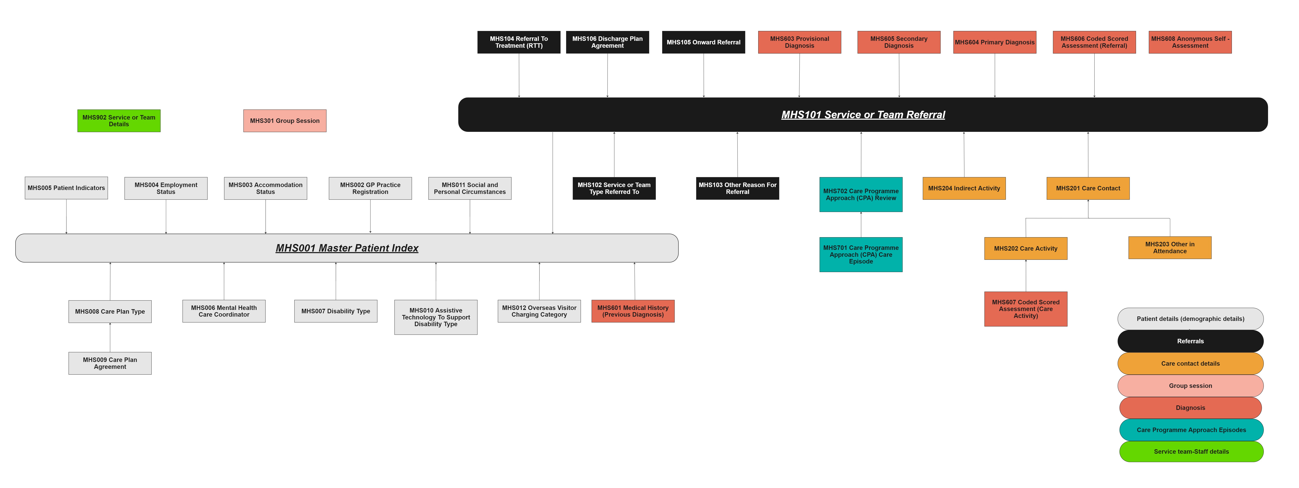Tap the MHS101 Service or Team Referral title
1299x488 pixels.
point(863,115)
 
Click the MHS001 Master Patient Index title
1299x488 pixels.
point(347,248)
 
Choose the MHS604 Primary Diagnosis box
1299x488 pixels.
point(994,42)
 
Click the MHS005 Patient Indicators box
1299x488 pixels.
point(66,188)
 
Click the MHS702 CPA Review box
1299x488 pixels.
point(861,195)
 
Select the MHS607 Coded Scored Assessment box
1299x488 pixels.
point(1026,309)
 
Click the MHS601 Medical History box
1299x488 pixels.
point(633,311)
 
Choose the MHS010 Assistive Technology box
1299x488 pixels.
point(436,317)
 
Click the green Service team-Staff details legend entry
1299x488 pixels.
point(1191,452)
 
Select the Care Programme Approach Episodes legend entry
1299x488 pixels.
point(1191,430)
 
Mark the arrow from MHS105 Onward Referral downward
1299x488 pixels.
point(703,76)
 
